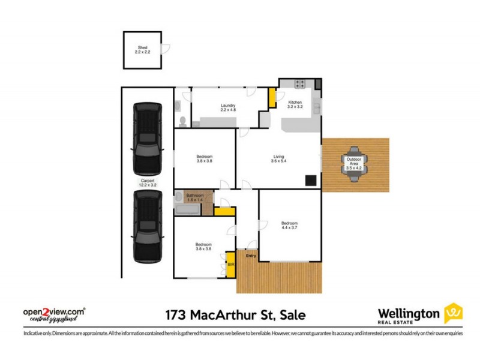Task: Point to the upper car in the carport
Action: click(147, 137)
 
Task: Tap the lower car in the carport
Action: click(148, 227)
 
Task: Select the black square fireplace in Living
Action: click(311, 179)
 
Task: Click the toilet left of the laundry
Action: click(182, 122)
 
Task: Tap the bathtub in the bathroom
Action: click(188, 210)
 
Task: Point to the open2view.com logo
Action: click(53, 314)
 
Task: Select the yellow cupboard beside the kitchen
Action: click(272, 98)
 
